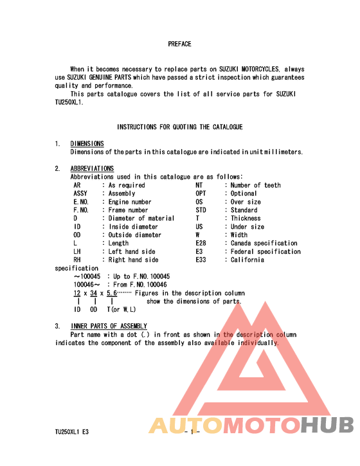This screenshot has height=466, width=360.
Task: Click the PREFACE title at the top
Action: coord(179,44)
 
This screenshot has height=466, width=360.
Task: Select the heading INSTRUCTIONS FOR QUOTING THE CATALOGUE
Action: coord(179,127)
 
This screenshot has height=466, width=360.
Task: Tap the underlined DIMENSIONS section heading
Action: coord(87,144)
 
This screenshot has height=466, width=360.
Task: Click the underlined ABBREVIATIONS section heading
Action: coord(92,169)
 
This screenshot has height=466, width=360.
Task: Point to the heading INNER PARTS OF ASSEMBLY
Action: coord(109,327)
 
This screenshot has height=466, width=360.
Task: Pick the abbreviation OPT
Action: coord(201,193)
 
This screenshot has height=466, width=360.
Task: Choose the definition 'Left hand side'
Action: coord(132,252)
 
